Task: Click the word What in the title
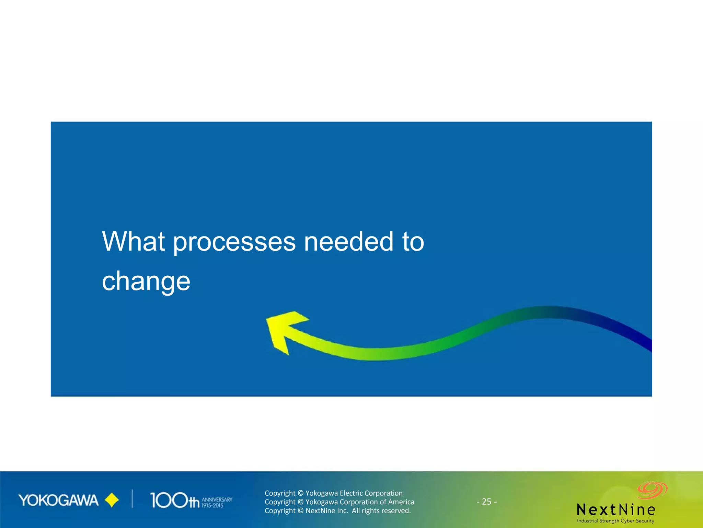point(134,241)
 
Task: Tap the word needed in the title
point(349,241)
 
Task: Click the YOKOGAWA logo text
point(58,500)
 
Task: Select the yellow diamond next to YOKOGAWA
point(112,500)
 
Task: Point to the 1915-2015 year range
point(212,506)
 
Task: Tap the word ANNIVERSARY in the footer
point(217,499)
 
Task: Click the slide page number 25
point(487,502)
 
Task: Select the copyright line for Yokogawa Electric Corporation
point(333,493)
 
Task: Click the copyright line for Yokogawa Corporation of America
point(339,502)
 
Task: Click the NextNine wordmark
point(616,509)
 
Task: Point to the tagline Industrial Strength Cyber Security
point(615,521)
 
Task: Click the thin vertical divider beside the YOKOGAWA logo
point(132,499)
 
